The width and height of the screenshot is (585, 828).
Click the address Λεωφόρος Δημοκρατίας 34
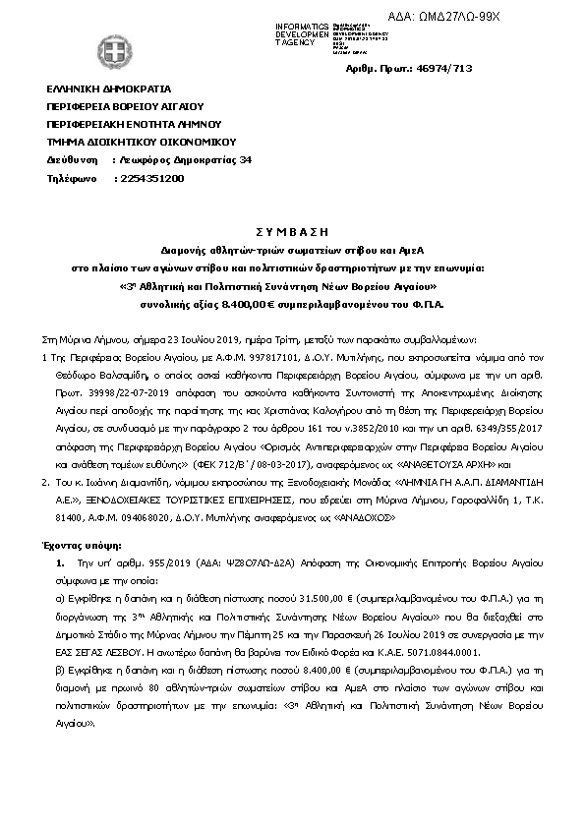[184, 159]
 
